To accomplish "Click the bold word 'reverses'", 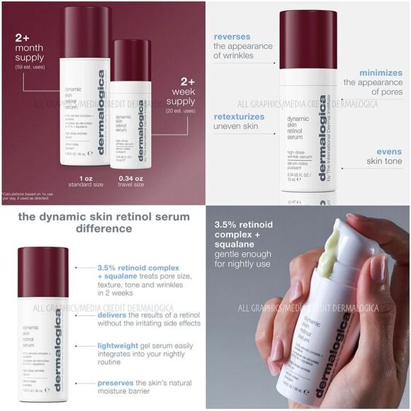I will tap(232, 35).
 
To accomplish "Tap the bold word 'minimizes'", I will tap(380, 72).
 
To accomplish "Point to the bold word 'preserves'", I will tap(118, 382).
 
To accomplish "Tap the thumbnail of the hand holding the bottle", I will tap(308, 308).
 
